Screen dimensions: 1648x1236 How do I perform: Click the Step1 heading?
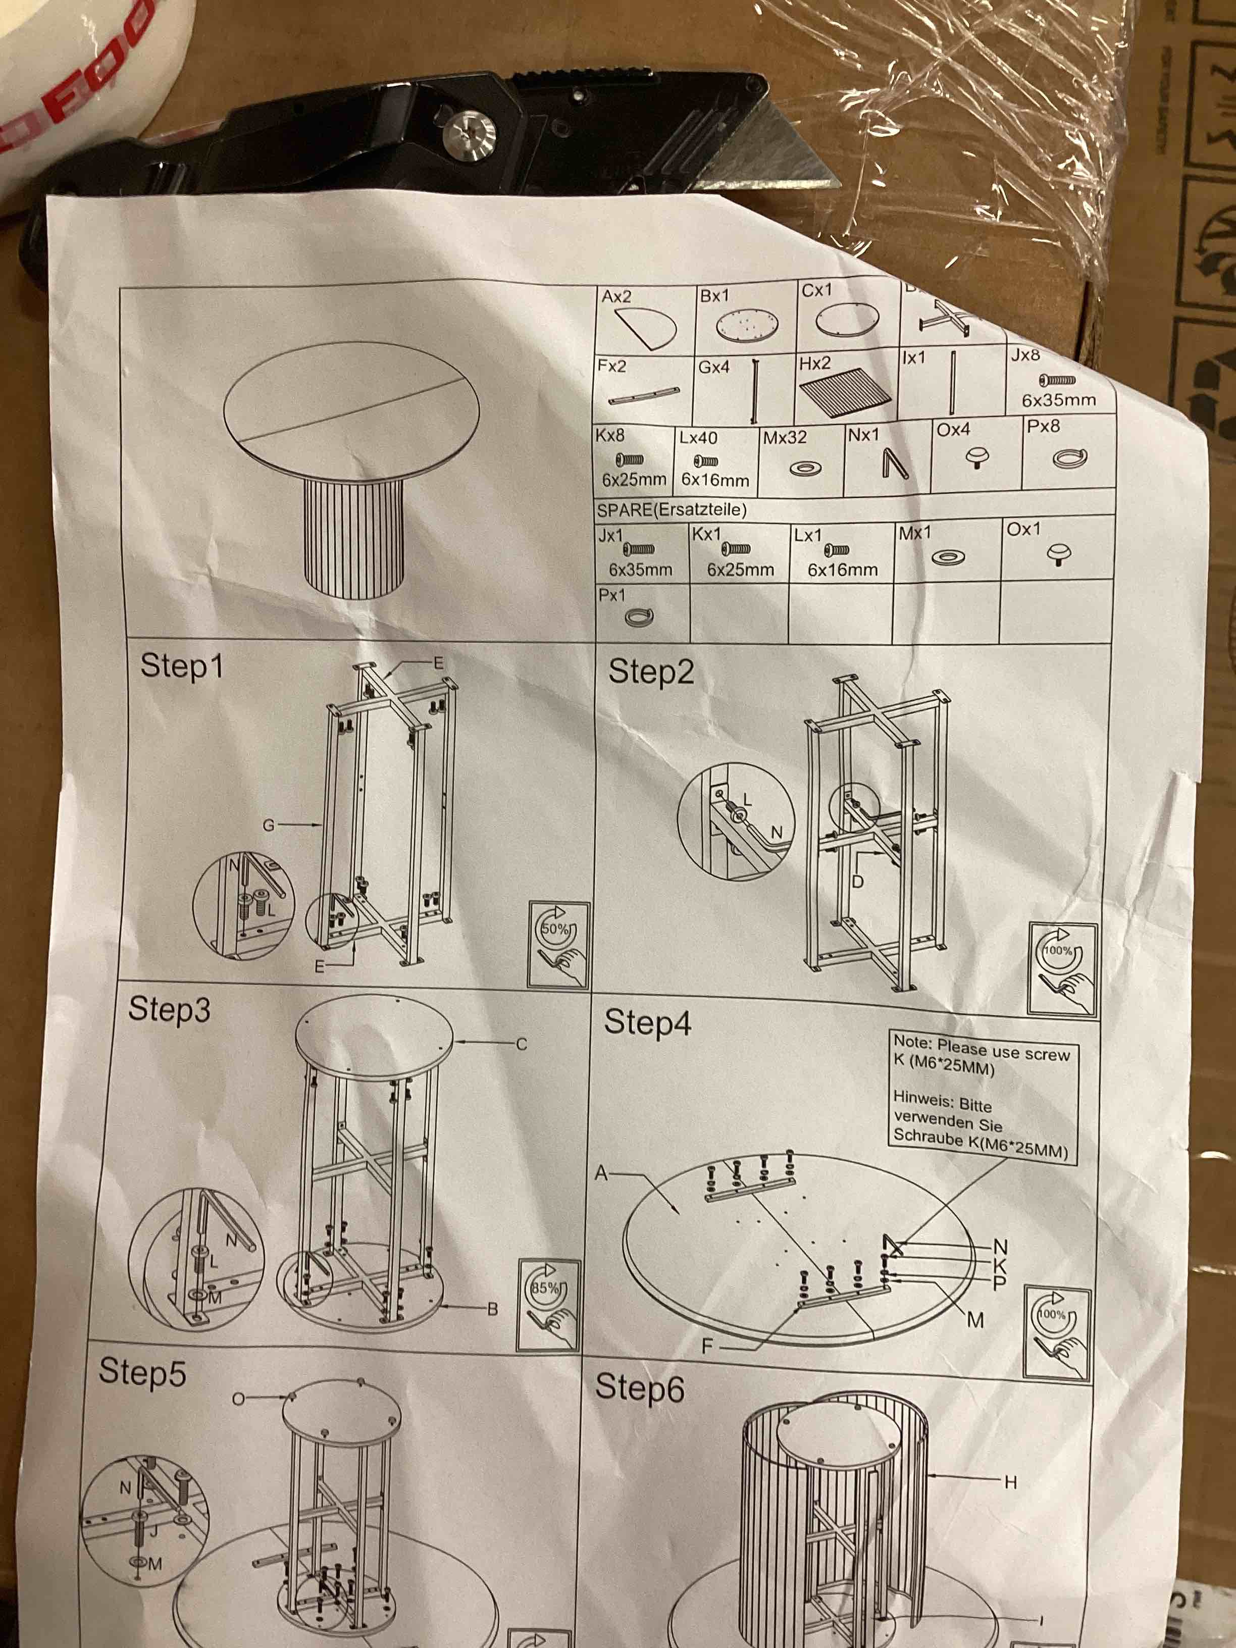click(x=182, y=665)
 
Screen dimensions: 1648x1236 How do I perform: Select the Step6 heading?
click(x=639, y=1388)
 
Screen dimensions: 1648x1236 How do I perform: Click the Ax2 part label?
click(x=616, y=296)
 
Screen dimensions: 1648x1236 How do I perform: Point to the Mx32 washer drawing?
click(x=805, y=469)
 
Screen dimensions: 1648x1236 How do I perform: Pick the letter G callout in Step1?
click(x=268, y=825)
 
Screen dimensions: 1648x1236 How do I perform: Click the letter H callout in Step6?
click(x=1010, y=1482)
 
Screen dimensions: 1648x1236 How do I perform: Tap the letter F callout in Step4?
click(x=708, y=1346)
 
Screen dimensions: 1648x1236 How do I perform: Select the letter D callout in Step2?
click(x=857, y=882)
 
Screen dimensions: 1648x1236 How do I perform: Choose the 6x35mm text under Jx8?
click(x=1058, y=400)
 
